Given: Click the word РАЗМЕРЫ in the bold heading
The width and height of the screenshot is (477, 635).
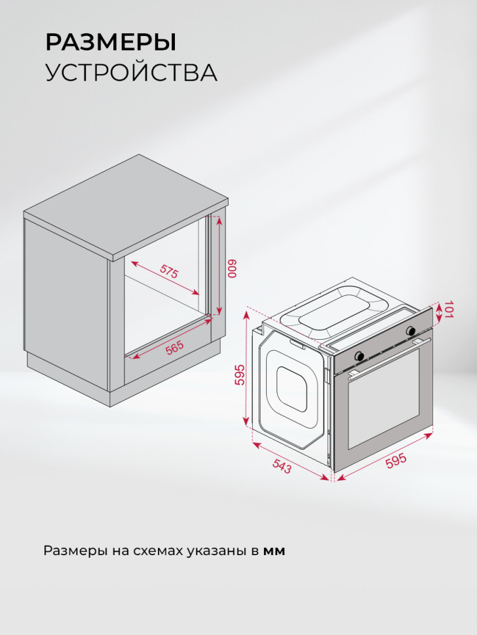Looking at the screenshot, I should click(x=111, y=43).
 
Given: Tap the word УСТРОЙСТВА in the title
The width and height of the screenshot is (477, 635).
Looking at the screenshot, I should click(x=131, y=73).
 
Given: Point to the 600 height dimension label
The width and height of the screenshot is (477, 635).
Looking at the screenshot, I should click(x=231, y=269).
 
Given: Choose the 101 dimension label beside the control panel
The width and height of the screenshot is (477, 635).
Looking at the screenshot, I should click(x=449, y=310).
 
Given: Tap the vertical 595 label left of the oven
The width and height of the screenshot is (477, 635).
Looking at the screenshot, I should click(x=240, y=374).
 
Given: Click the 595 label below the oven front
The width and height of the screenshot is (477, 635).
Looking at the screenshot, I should click(x=396, y=460).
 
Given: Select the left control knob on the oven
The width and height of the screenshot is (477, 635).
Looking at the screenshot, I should click(x=360, y=354).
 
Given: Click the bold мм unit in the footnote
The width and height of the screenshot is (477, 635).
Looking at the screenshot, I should click(x=274, y=551).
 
